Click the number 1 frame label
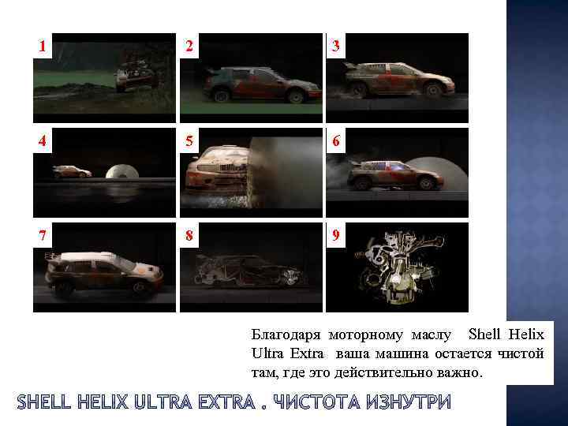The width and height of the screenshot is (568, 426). [x=43, y=47]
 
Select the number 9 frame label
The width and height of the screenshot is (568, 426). [x=335, y=236]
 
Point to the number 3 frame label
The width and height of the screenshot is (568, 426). [x=335, y=47]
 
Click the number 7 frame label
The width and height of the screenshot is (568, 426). [x=43, y=236]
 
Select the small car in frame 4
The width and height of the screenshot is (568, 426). [x=71, y=172]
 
